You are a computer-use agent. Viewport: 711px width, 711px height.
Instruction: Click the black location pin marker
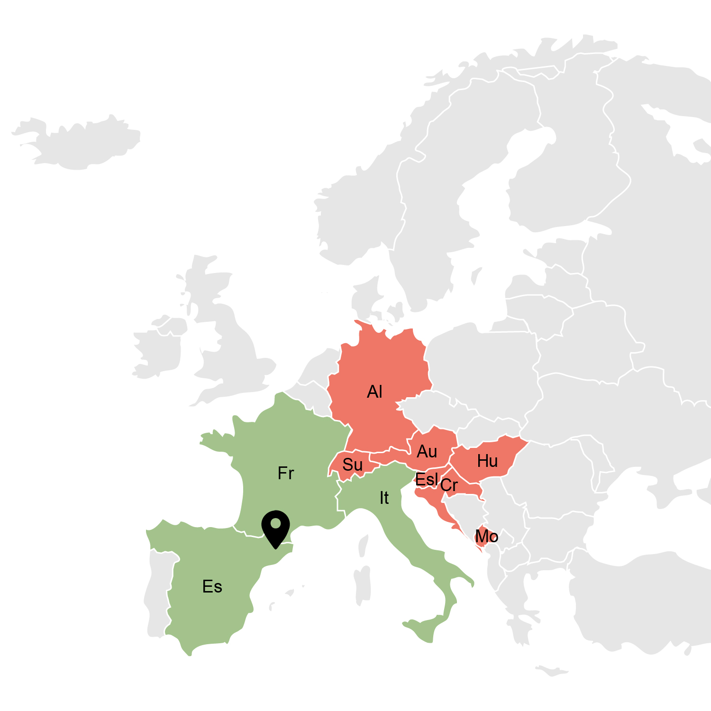click(x=275, y=526)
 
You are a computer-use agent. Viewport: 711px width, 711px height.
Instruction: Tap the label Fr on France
click(x=286, y=473)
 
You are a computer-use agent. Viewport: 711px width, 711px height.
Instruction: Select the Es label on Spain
click(x=212, y=587)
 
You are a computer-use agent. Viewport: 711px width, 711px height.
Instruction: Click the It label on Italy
click(x=384, y=498)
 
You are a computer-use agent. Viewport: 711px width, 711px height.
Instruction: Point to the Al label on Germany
click(x=374, y=392)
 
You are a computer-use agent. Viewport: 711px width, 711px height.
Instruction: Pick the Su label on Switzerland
click(x=353, y=465)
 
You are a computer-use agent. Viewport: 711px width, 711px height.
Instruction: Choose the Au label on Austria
click(x=427, y=452)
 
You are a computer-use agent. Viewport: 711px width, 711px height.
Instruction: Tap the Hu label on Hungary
click(x=487, y=461)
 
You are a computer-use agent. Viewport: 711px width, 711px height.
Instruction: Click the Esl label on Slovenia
click(x=426, y=480)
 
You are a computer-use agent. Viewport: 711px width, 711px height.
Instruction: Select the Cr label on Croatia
click(x=449, y=485)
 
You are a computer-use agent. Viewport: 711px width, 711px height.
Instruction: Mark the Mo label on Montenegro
click(x=486, y=537)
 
